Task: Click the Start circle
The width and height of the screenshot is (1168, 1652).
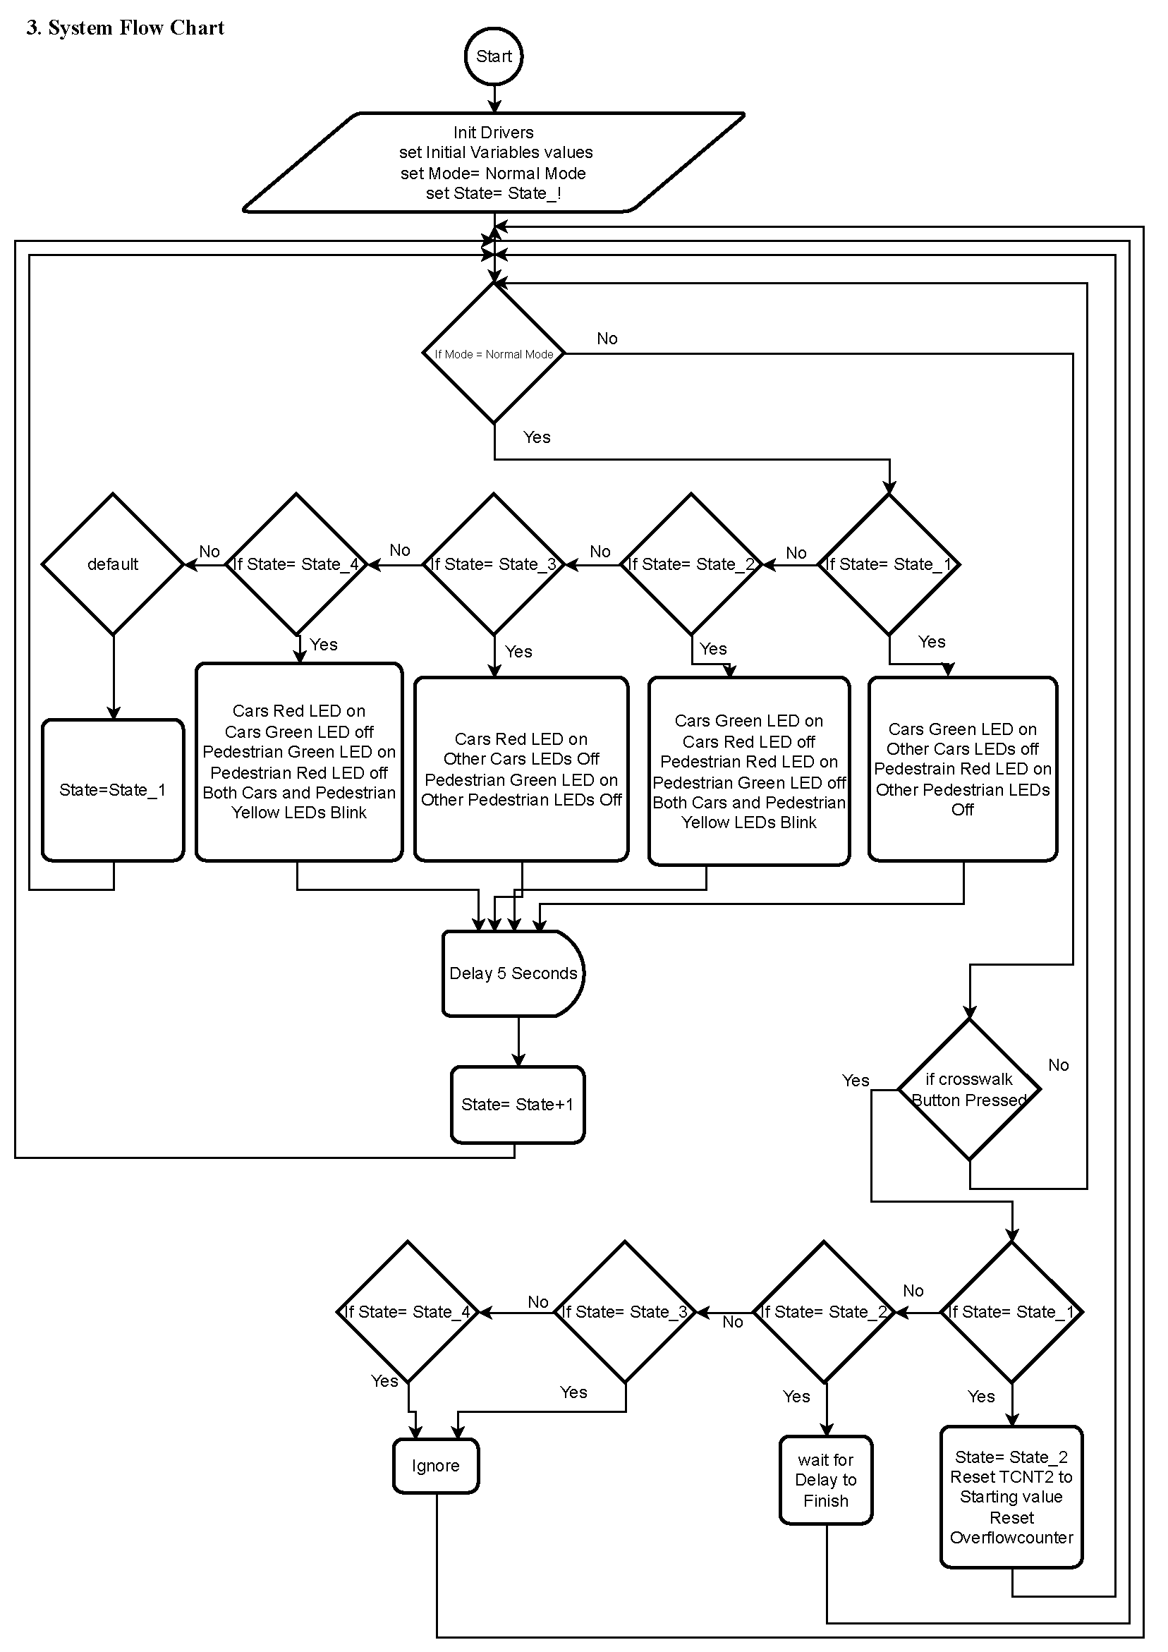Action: [x=494, y=56]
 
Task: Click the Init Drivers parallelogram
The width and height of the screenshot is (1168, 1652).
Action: [x=494, y=163]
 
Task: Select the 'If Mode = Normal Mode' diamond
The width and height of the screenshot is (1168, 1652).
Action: [x=494, y=353]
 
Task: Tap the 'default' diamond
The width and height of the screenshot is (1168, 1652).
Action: [x=113, y=564]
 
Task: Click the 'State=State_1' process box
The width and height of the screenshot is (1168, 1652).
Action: [x=113, y=790]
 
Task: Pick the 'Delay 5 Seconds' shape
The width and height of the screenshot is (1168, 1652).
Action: [x=513, y=973]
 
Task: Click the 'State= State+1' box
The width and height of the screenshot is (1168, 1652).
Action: [x=518, y=1105]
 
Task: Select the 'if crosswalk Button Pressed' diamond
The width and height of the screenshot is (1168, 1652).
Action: [x=969, y=1089]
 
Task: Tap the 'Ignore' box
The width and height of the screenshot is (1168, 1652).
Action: [x=435, y=1466]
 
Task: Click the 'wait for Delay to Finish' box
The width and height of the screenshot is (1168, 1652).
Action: [x=825, y=1480]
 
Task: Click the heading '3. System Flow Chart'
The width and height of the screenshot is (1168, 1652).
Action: [x=126, y=28]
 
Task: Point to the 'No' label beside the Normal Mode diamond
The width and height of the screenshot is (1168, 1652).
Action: [x=607, y=338]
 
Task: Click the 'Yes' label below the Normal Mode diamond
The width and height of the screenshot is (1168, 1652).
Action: [x=536, y=437]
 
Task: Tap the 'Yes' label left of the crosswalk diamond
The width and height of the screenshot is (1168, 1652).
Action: [x=855, y=1080]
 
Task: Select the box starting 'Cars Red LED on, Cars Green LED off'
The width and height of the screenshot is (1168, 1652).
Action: [x=298, y=761]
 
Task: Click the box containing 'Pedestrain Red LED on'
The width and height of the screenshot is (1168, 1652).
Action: [x=962, y=768]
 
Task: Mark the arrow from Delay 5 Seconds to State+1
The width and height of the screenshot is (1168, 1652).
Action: [x=518, y=1041]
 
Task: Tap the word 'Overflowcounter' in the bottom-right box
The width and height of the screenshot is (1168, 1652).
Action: [x=1011, y=1538]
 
